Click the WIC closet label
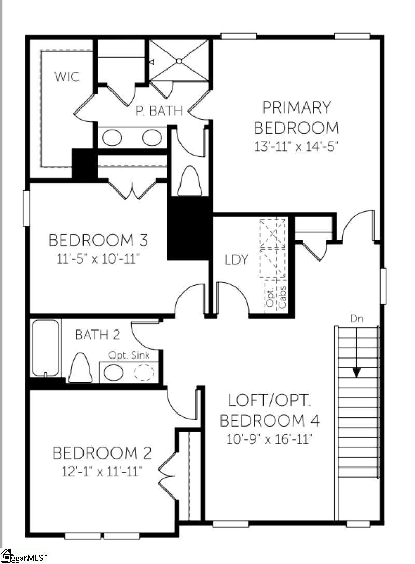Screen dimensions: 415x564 coord(67,77)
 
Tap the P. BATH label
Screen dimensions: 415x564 coord(159,111)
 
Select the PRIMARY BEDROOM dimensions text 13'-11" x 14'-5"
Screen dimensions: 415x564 coord(296,147)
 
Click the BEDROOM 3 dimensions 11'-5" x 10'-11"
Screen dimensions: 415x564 coord(98,258)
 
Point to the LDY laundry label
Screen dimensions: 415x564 coord(236,259)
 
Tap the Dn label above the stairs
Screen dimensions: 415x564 coord(357,319)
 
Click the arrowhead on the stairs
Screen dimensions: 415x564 coord(356,373)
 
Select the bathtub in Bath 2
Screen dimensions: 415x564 coord(45,348)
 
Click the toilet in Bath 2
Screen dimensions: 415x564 coord(79,367)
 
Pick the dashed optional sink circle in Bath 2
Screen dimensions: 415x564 coord(144,373)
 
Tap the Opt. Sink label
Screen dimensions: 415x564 coord(129,355)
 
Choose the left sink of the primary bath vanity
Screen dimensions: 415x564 coord(112,137)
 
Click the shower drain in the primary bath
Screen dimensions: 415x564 coord(179,62)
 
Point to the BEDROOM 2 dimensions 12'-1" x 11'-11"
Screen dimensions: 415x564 coord(102,471)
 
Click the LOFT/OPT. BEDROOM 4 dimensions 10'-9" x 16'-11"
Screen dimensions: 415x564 coord(269,439)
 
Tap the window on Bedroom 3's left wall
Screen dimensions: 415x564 coord(26,208)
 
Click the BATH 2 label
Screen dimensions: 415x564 coord(98,335)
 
